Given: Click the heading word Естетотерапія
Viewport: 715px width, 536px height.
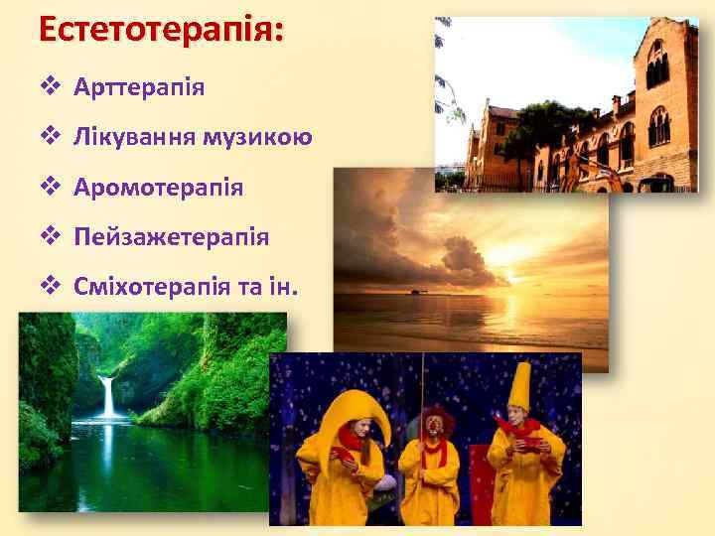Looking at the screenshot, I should (160, 27).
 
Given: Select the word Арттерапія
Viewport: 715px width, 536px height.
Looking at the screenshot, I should (139, 86).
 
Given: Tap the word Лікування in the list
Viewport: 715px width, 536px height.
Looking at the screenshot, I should (131, 136).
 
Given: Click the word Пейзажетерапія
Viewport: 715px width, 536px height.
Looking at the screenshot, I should (171, 237).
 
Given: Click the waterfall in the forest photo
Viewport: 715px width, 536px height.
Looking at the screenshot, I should (106, 396).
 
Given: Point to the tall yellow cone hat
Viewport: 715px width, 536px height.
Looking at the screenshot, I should (519, 387).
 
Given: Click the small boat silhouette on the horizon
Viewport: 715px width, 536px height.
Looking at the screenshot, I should (414, 291).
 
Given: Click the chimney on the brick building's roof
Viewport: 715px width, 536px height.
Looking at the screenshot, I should (617, 103).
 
